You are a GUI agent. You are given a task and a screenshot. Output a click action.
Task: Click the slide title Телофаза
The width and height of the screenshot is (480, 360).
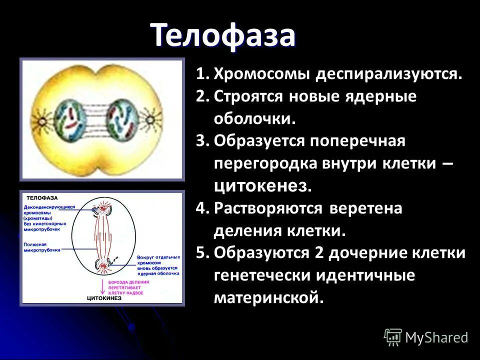coord(223,35)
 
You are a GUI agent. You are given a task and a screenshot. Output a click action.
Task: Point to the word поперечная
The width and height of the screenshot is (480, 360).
coord(357,141)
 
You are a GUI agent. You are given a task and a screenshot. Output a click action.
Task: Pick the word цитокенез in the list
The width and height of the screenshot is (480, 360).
coord(262,186)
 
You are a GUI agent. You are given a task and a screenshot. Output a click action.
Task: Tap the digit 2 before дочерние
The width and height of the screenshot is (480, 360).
coord(319,253)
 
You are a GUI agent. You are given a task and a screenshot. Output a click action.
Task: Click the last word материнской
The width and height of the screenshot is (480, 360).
coord(269,297)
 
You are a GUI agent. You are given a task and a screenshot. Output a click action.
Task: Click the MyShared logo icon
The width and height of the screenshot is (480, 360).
coord(393,337)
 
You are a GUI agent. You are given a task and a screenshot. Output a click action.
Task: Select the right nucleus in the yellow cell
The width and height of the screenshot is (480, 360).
coord(122,118)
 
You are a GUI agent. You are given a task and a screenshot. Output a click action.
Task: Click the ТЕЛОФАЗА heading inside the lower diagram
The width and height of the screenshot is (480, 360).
coord(42,197)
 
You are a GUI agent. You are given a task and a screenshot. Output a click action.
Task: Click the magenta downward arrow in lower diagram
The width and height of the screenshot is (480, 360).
coord(105,286)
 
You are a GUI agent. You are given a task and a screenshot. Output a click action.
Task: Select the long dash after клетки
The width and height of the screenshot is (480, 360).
coord(448,164)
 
